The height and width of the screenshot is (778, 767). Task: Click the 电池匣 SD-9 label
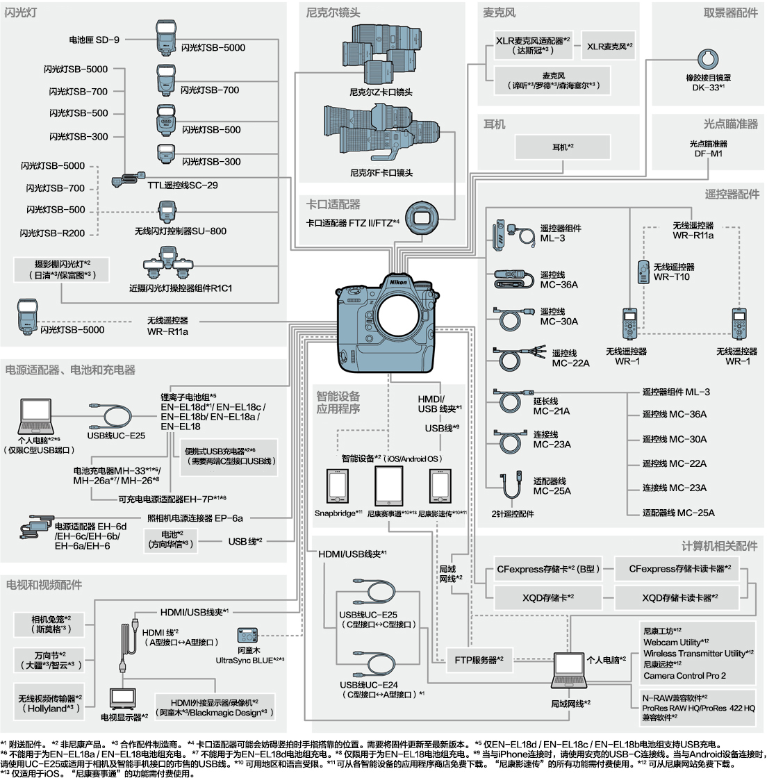tap(94, 40)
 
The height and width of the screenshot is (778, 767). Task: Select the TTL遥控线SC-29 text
tap(182, 185)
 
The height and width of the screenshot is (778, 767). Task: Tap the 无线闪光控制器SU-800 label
tap(181, 231)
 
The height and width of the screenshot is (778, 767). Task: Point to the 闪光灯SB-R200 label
tap(53, 233)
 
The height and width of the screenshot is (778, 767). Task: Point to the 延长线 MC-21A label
tap(552, 406)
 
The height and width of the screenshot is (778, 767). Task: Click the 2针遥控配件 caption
tap(513, 514)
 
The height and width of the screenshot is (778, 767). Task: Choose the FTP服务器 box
tap(479, 660)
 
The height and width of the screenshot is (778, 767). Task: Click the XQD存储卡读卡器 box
tap(679, 597)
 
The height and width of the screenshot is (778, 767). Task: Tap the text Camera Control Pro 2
tap(684, 675)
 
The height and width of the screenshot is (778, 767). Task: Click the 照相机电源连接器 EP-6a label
tap(195, 518)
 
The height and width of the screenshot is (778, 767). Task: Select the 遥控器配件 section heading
tap(732, 194)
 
